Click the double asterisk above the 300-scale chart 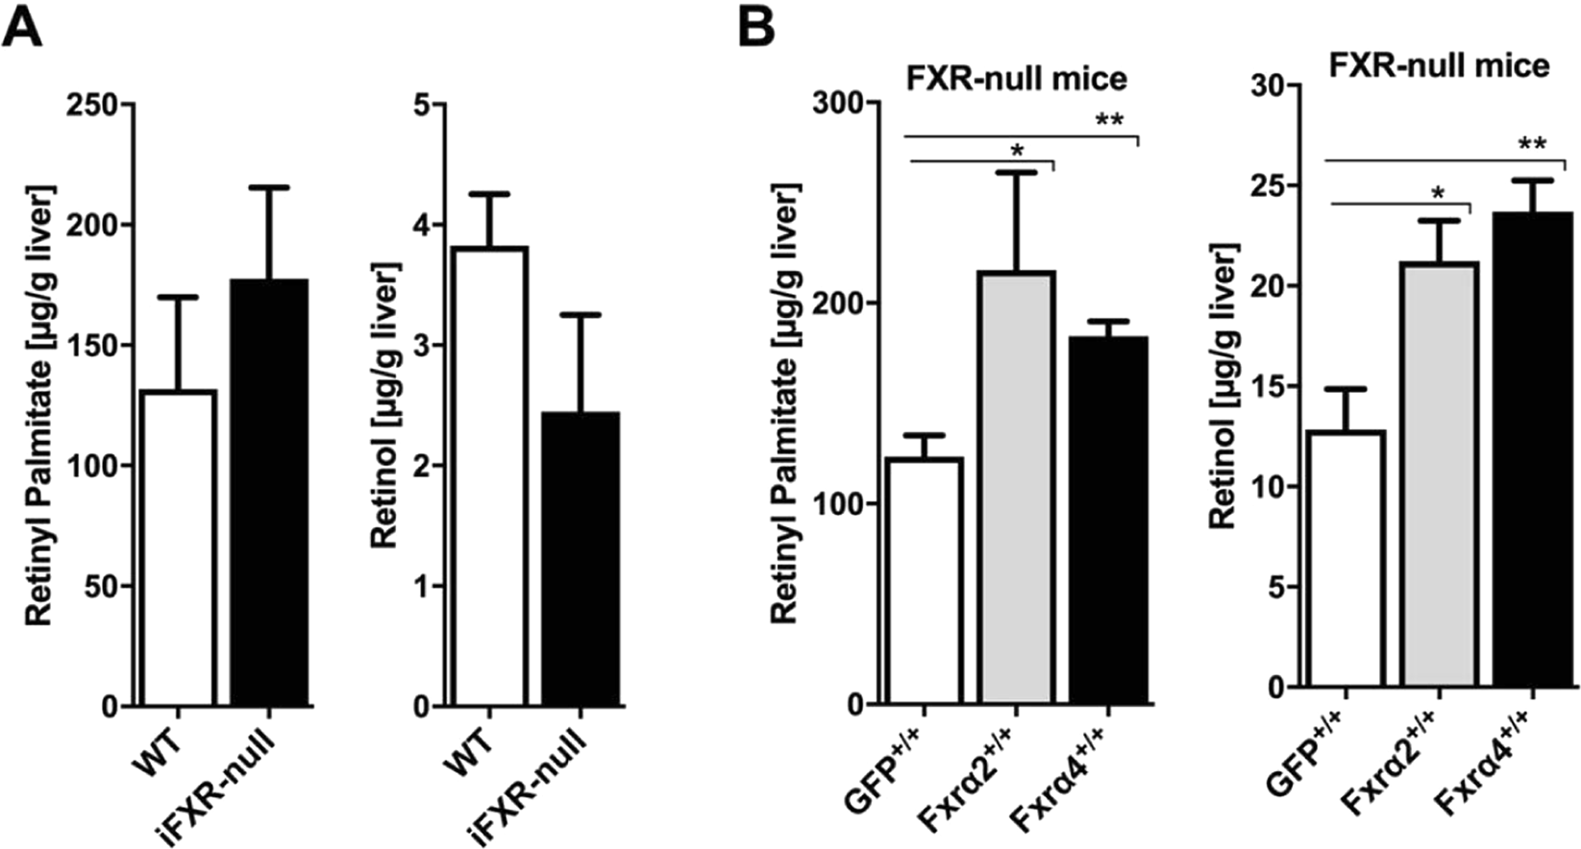[1109, 121]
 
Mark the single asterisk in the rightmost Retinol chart [1438, 193]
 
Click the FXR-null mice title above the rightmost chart [1439, 64]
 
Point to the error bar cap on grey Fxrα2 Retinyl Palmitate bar [1016, 173]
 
